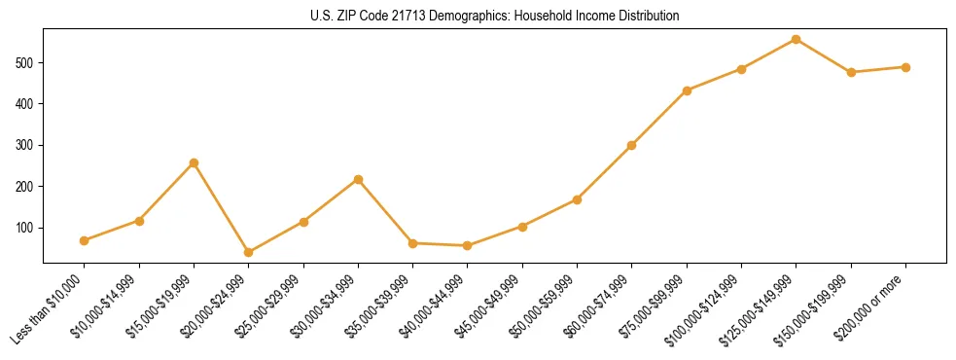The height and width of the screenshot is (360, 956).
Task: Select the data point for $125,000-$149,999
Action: (x=797, y=40)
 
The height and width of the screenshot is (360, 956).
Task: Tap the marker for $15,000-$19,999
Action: (x=194, y=162)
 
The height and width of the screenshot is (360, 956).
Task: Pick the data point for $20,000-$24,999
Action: (x=249, y=252)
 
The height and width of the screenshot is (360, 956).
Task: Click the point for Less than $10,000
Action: (x=85, y=240)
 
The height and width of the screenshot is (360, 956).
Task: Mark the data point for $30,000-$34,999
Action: (x=359, y=179)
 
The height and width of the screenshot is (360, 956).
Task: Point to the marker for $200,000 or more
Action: (x=905, y=67)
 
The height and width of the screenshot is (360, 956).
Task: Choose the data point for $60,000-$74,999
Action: (x=632, y=145)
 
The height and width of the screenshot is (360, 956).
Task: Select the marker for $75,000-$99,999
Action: (x=687, y=90)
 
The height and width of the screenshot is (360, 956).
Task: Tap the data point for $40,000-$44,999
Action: (x=468, y=246)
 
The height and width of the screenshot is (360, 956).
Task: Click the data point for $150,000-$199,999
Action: (x=851, y=72)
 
